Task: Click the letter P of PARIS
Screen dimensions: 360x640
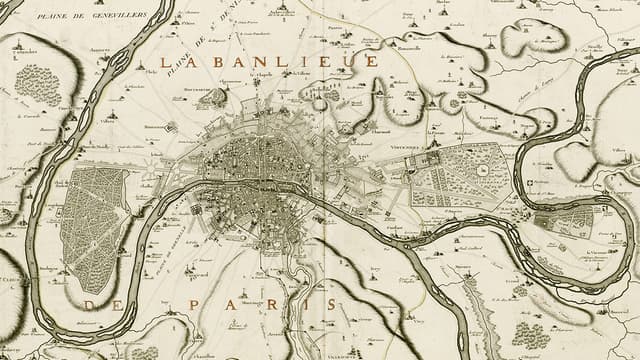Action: point(193,304)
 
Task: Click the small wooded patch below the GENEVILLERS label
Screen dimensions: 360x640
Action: point(38,85)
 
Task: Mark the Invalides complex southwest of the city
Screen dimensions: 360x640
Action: point(197,210)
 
